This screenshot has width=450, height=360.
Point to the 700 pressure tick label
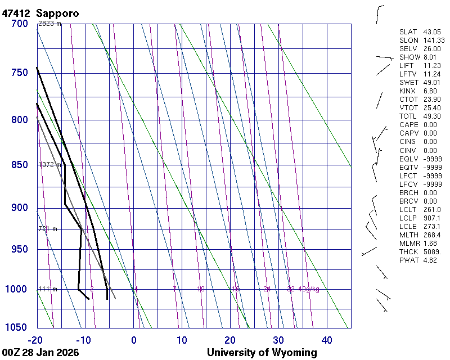(x=19, y=24)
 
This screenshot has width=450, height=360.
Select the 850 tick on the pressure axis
(x=19, y=165)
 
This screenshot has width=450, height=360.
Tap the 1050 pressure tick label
(x=16, y=327)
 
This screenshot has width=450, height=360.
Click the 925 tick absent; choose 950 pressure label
(x=19, y=249)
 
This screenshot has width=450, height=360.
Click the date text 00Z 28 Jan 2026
(x=40, y=353)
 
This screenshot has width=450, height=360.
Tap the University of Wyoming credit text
(x=262, y=353)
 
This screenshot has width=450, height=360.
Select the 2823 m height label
(x=49, y=24)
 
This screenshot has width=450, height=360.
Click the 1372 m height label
(x=49, y=165)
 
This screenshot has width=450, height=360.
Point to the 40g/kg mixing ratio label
(x=309, y=289)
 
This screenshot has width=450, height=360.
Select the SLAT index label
(x=408, y=32)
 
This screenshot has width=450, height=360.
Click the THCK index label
(x=409, y=251)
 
